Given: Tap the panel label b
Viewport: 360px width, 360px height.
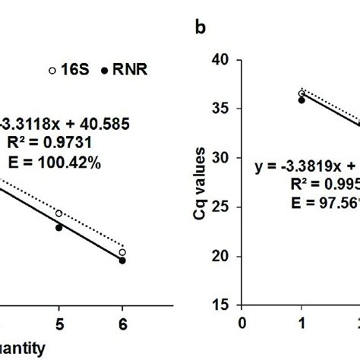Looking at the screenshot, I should pyautogui.click(x=201, y=27).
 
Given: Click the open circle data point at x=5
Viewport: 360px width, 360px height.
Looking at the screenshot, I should pyautogui.click(x=58, y=213).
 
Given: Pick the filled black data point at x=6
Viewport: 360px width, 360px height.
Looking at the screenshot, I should pyautogui.click(x=122, y=261).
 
